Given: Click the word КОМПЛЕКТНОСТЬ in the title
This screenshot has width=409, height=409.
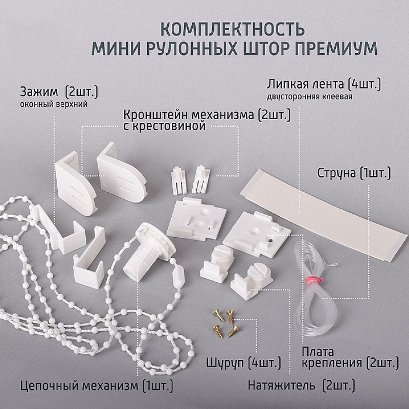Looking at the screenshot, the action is [232, 29].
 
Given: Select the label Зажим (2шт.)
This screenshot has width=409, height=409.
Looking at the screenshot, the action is [59, 92].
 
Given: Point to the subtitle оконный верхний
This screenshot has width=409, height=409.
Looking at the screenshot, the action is [54, 104].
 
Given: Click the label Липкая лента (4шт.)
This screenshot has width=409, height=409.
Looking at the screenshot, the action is [324, 84].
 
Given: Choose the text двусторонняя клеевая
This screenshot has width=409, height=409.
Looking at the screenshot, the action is [309, 97].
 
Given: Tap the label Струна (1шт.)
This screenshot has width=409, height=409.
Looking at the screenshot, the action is [354, 173].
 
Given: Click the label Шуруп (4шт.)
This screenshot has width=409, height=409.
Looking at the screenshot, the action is [243, 363].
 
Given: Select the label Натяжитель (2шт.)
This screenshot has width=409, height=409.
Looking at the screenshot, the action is [301, 385].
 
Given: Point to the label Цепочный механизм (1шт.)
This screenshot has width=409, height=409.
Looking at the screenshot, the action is [97, 385].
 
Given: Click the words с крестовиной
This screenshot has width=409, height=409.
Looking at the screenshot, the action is [164, 126].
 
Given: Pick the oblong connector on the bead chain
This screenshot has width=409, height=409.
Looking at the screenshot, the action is [178, 275].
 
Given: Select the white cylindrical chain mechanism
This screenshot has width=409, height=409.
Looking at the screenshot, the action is [149, 252].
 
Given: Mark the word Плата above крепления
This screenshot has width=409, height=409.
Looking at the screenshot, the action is [317, 352].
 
